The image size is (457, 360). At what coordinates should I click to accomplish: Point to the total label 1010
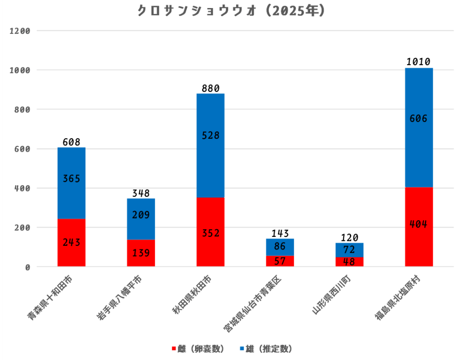pyautogui.click(x=419, y=62)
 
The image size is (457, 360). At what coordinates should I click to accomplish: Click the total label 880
pyautogui.click(x=210, y=88)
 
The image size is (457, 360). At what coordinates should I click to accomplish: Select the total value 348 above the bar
pyautogui.click(x=141, y=193)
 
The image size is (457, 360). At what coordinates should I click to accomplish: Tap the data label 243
pyautogui.click(x=71, y=243)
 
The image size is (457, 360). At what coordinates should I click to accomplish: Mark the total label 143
pyautogui.click(x=280, y=233)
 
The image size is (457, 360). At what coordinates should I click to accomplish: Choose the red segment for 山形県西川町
pyautogui.click(x=349, y=262)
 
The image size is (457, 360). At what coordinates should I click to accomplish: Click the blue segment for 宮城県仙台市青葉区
pyautogui.click(x=280, y=247)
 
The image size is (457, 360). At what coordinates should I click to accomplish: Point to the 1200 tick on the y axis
pyautogui.click(x=20, y=31)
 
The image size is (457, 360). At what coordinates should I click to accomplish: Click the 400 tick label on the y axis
pyautogui.click(x=22, y=188)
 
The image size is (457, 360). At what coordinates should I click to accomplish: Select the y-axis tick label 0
pyautogui.click(x=27, y=267)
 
